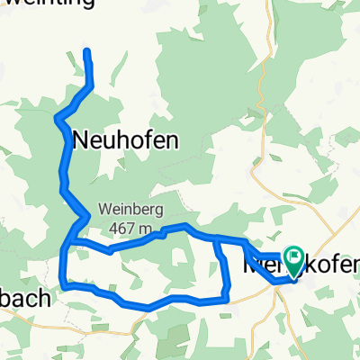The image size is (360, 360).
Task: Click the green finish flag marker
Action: click(294, 261)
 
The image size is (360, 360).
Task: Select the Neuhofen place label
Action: click(124, 139)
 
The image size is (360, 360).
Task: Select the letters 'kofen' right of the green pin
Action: click(330, 265)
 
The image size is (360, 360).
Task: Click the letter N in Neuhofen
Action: click(79, 140)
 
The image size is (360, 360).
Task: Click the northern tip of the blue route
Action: click(87, 51)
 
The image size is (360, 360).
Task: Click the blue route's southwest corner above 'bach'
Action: click(62, 287)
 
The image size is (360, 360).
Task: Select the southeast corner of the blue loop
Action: click(226, 298)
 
